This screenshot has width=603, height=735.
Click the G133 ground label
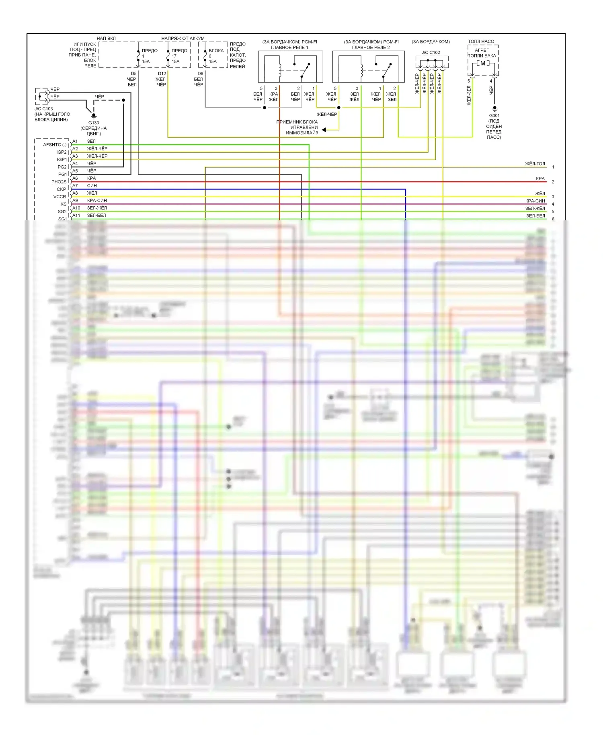point(94,123)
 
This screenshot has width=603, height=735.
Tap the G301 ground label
point(494,115)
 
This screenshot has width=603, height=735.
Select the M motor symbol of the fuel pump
point(483,63)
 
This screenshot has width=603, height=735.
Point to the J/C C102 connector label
point(431,53)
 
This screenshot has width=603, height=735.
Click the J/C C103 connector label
point(43,109)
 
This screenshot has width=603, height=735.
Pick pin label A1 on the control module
point(75,141)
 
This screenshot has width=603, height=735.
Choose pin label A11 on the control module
point(76,215)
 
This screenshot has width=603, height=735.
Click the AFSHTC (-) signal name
point(55,145)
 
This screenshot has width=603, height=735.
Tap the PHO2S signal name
point(59,182)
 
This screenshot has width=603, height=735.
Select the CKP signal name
point(61,189)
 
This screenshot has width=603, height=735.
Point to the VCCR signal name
point(59,197)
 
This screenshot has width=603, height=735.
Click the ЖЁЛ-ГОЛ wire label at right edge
point(535,164)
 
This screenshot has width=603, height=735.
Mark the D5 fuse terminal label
point(133,74)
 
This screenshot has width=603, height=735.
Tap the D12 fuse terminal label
point(162,74)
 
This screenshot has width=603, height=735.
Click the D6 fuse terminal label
point(200,74)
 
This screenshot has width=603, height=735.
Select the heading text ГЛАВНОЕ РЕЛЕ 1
point(289,47)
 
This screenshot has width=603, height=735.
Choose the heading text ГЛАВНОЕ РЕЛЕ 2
point(371,47)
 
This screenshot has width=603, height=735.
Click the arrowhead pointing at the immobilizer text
point(324,130)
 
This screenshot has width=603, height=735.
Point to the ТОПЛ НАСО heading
point(481,41)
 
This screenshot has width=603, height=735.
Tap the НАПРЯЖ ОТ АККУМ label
point(183,39)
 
